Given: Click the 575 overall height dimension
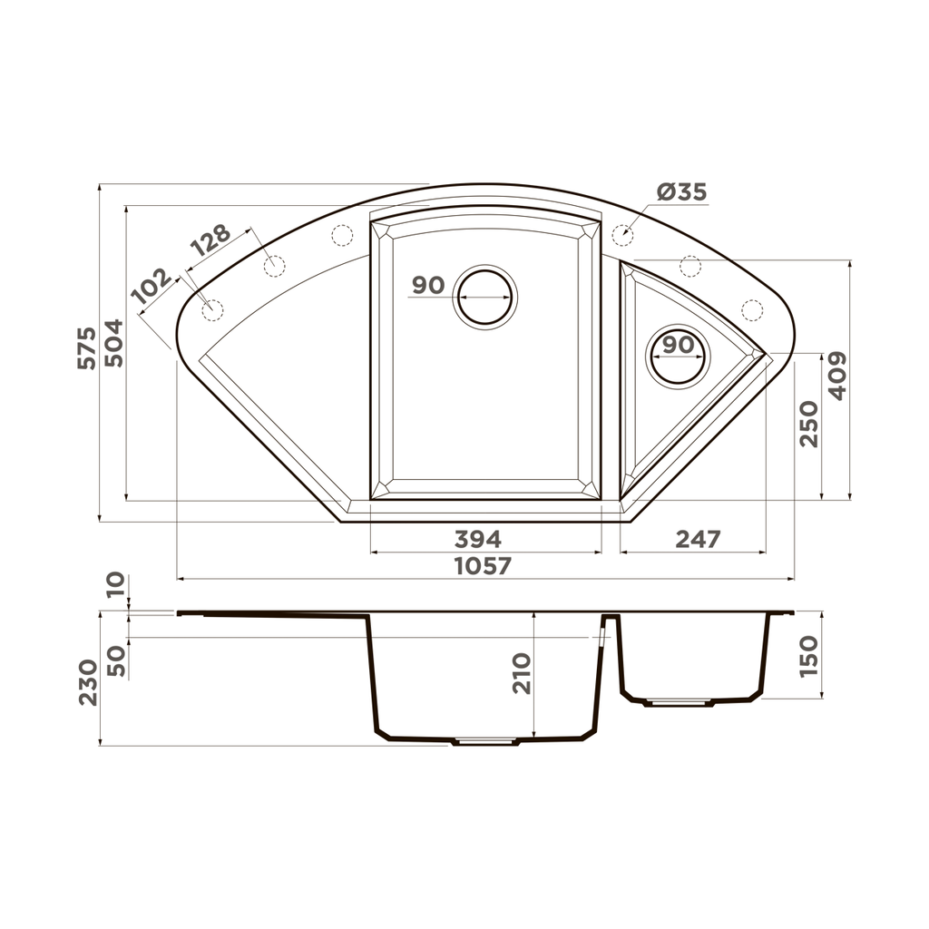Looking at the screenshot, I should pyautogui.click(x=86, y=347).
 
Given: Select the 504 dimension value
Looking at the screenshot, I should pyautogui.click(x=113, y=343).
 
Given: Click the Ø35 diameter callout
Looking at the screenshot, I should pyautogui.click(x=681, y=192).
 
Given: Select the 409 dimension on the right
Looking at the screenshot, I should pyautogui.click(x=836, y=376).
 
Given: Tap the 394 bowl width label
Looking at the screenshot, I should pyautogui.click(x=477, y=539).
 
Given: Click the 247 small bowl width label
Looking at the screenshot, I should pyautogui.click(x=698, y=539).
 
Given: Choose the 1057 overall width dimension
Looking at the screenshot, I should pyautogui.click(x=483, y=566).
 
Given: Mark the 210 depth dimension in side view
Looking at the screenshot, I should pyautogui.click(x=522, y=673).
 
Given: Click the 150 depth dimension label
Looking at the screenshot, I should pyautogui.click(x=808, y=656).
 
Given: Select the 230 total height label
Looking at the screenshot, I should pyautogui.click(x=87, y=681).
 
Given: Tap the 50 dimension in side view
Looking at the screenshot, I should pyautogui.click(x=116, y=659).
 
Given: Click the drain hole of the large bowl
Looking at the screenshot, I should pyautogui.click(x=485, y=296).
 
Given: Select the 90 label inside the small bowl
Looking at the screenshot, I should pyautogui.click(x=678, y=345).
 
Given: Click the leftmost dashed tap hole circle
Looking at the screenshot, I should pyautogui.click(x=211, y=309).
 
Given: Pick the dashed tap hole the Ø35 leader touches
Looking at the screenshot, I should pyautogui.click(x=622, y=234).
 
